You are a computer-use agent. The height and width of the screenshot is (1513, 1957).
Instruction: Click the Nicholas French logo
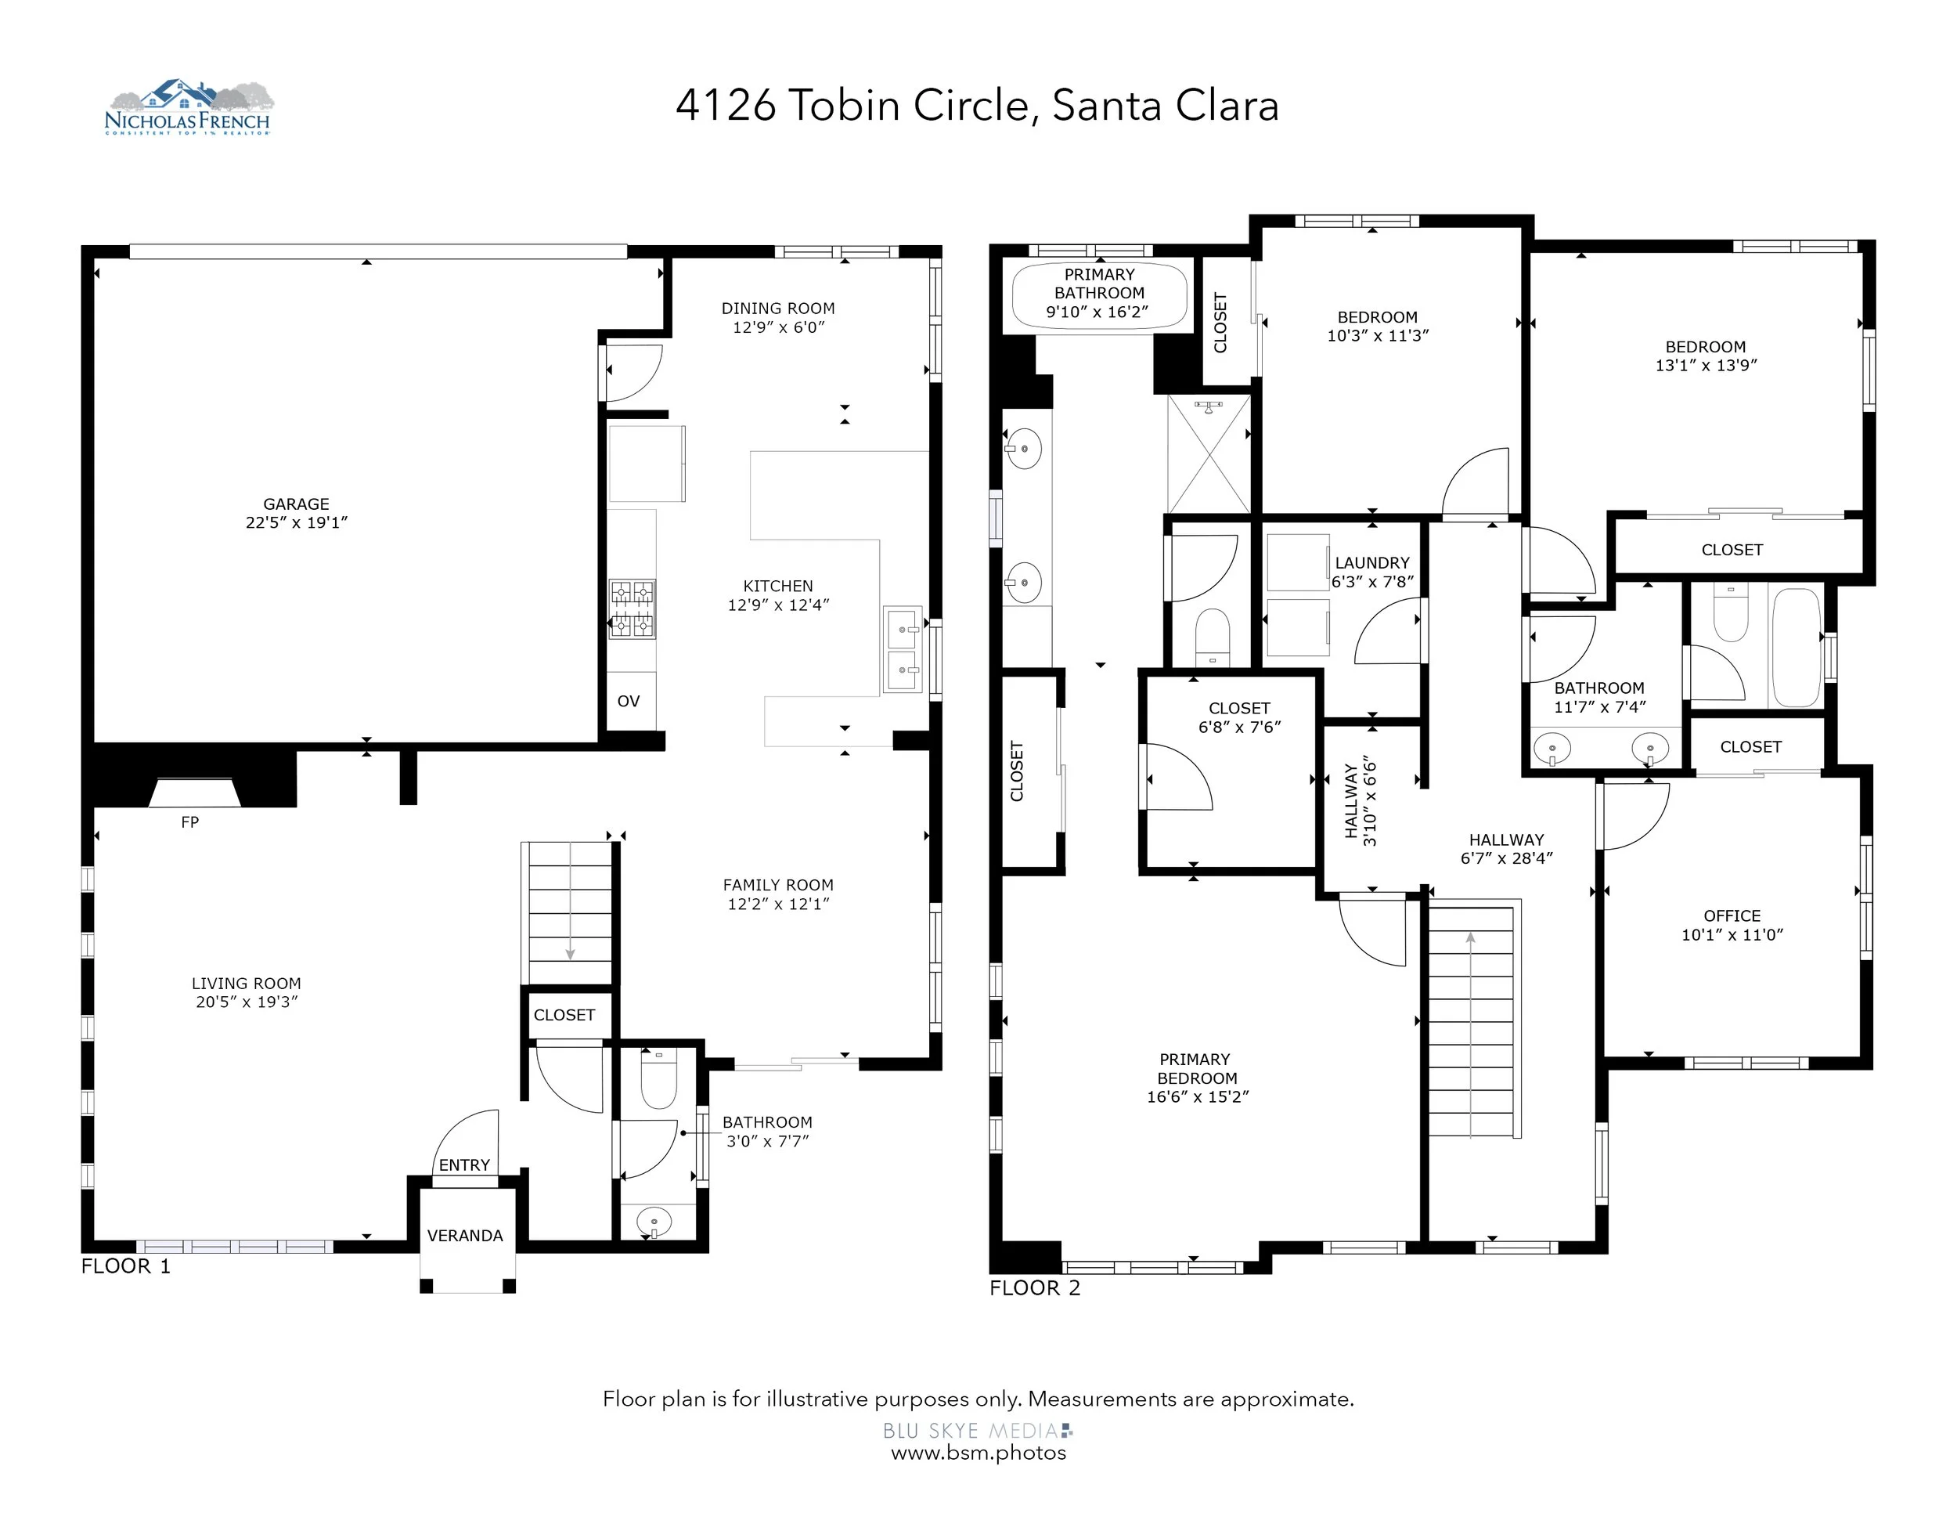[x=188, y=107]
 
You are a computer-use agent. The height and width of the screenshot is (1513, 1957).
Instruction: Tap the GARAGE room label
[x=296, y=504]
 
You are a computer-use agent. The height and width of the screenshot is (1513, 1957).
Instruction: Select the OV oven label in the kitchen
[x=628, y=701]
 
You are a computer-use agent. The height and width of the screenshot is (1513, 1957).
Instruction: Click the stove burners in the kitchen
[x=632, y=608]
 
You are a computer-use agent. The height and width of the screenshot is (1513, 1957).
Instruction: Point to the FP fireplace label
[x=190, y=822]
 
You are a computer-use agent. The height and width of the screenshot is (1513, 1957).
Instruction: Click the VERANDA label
[x=465, y=1235]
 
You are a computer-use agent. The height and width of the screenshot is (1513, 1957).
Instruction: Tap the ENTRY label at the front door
[x=464, y=1165]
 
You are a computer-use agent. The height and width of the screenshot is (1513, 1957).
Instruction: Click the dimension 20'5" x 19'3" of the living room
[x=247, y=1002]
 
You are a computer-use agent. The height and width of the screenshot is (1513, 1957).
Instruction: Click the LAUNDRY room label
[x=1372, y=563]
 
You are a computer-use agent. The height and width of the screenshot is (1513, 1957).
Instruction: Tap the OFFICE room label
[x=1732, y=915]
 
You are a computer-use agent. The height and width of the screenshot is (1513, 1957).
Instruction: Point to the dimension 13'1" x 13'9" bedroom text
[x=1706, y=365]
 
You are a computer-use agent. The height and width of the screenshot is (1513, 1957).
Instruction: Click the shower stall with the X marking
[x=1209, y=454]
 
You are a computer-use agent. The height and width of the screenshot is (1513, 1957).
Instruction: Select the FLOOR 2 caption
[x=1035, y=1288]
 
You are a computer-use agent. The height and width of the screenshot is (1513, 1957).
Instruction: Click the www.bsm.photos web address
[x=979, y=1453]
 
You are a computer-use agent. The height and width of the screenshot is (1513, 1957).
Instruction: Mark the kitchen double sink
[x=903, y=650]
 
